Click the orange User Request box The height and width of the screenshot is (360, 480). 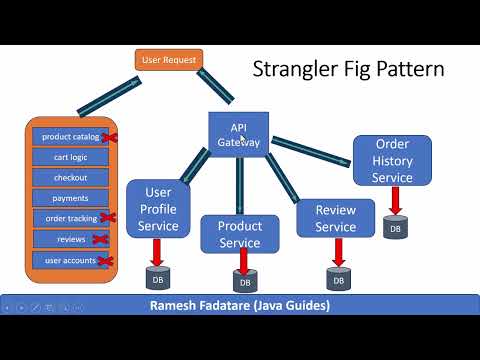pyautogui.click(x=169, y=59)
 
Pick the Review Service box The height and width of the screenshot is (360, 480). pyautogui.click(x=335, y=219)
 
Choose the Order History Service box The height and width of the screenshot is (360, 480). pyautogui.click(x=392, y=160)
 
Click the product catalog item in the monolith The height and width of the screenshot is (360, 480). pyautogui.click(x=70, y=137)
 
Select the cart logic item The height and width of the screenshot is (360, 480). pyautogui.click(x=70, y=157)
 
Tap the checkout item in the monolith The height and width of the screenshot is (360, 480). pyautogui.click(x=70, y=177)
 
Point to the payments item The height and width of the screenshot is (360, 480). pyautogui.click(x=70, y=198)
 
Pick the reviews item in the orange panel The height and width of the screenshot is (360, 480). pyautogui.click(x=70, y=239)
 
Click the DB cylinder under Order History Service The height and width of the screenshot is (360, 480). pyautogui.click(x=398, y=229)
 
